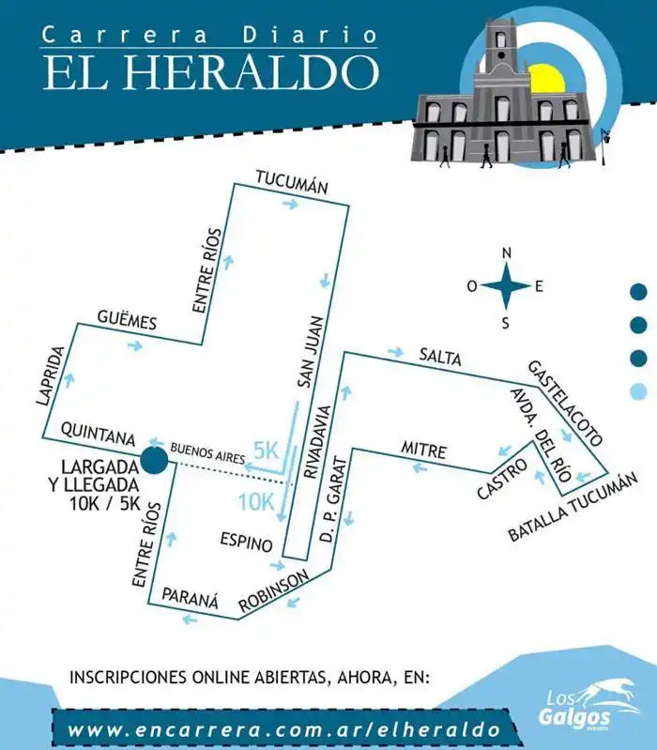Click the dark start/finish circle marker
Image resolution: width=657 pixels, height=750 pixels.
pos(154,461)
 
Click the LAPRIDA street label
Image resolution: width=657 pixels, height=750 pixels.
pos(51,375)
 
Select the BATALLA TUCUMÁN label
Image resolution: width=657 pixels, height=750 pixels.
pos(573,508)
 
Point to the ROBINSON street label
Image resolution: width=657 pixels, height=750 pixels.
pos(273,592)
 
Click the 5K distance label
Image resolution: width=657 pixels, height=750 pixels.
pos(267,450)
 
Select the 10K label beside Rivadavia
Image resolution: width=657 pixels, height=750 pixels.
pos(255,501)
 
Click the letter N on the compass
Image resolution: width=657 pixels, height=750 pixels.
pos(507,253)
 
